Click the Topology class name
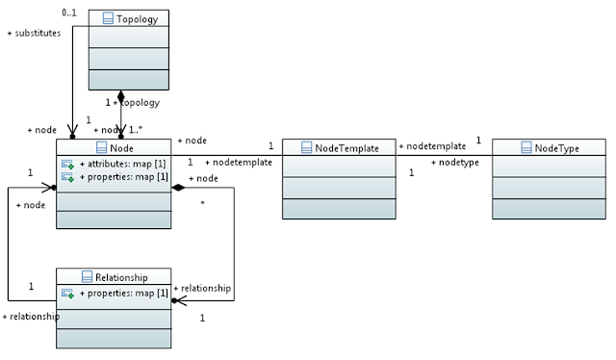pyautogui.click(x=137, y=19)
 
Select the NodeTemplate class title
pyautogui.click(x=346, y=148)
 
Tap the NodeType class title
pyautogui.click(x=556, y=148)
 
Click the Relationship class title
pyautogui.click(x=121, y=277)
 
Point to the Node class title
pyautogui.click(x=121, y=148)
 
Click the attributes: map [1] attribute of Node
pyautogui.click(x=122, y=164)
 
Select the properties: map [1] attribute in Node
pyautogui.click(x=124, y=177)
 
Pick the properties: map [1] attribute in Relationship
pyautogui.click(x=124, y=294)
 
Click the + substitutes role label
pyautogui.click(x=35, y=33)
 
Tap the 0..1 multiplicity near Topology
pyautogui.click(x=69, y=13)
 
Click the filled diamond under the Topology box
pyautogui.click(x=120, y=96)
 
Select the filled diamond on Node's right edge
pyautogui.click(x=178, y=188)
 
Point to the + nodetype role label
pyautogui.click(x=455, y=163)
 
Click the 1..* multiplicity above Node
pyautogui.click(x=136, y=130)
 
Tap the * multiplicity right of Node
pyautogui.click(x=203, y=203)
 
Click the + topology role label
pyautogui.click(x=137, y=103)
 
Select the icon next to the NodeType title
pyautogui.click(x=526, y=148)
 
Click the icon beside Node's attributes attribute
pyautogui.click(x=67, y=164)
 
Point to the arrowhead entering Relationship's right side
pyautogui.click(x=179, y=301)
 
